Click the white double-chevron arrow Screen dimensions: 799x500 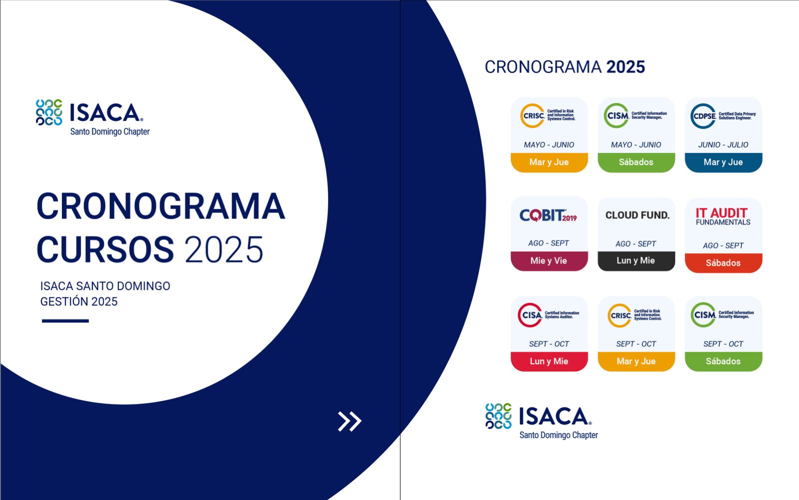tap(350, 421)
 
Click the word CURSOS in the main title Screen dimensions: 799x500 tap(105, 249)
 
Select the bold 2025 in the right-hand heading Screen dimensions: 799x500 tap(626, 67)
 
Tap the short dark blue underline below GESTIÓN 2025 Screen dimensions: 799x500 tap(65, 320)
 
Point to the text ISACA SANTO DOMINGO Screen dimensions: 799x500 tap(105, 286)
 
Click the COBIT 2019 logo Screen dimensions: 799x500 tap(548, 215)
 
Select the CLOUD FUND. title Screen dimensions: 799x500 tap(637, 215)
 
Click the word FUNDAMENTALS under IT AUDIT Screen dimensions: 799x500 tap(723, 222)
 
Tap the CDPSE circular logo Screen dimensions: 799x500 tap(704, 116)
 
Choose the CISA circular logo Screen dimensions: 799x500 tap(530, 315)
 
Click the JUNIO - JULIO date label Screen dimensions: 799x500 tap(723, 144)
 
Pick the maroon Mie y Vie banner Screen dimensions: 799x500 tap(549, 261)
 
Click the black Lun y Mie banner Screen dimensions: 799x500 tap(636, 261)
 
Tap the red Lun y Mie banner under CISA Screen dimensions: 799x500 tap(549, 361)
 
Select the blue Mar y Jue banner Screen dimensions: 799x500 tap(724, 162)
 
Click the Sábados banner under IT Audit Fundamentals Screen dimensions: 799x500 tap(724, 263)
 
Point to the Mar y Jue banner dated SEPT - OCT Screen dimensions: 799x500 tap(636, 361)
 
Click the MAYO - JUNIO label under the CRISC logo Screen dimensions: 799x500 tap(549, 144)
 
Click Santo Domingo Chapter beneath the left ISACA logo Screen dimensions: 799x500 tap(110, 132)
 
